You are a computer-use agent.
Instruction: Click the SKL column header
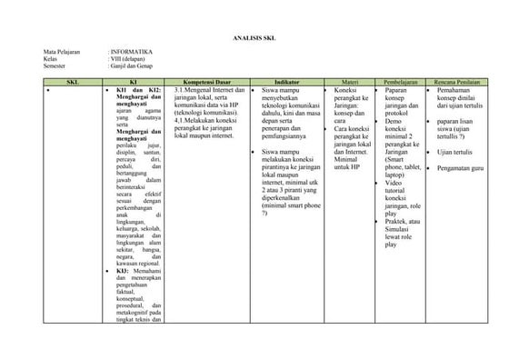coord(73,82)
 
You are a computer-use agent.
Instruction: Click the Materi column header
coord(348,82)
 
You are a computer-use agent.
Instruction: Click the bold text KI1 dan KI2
coord(139,91)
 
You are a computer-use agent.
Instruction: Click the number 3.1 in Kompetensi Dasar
coord(179,91)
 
